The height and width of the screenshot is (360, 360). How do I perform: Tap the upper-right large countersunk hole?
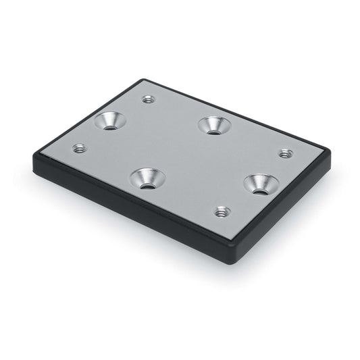point(213,126)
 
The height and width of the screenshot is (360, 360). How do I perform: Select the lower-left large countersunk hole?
point(147,179)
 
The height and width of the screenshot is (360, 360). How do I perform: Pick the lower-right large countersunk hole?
point(261,184)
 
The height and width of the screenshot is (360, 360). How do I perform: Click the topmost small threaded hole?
point(149,100)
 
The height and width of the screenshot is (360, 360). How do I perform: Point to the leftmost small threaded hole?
point(80,148)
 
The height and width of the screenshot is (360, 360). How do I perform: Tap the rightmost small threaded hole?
point(285,154)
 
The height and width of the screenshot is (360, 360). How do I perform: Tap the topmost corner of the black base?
point(143,80)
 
